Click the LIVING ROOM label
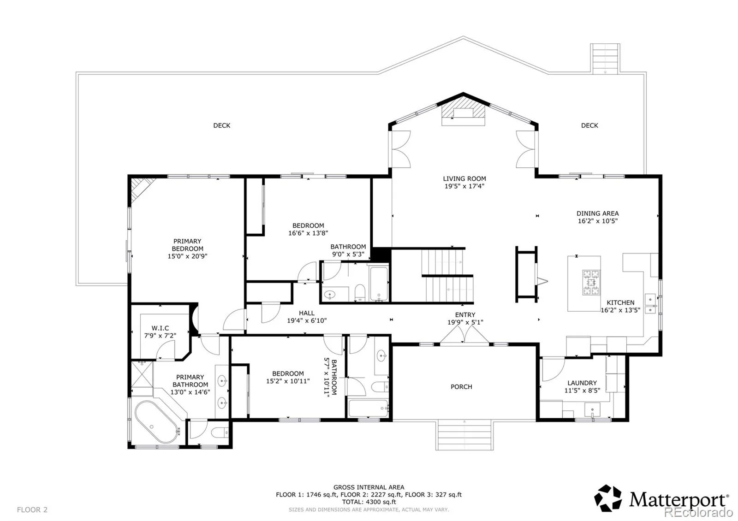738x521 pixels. tap(464, 178)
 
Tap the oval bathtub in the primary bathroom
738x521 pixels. tap(156, 422)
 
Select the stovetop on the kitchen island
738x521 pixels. tap(591, 282)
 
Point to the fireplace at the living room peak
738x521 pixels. tap(463, 113)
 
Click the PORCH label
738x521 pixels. tap(461, 387)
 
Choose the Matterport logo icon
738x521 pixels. tap(608, 498)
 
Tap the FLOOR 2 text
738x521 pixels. tap(32, 510)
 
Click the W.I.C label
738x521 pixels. tap(160, 328)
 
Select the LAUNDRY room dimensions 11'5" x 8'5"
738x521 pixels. tap(582, 391)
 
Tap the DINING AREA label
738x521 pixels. tap(598, 213)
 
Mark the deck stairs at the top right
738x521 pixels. tap(605, 58)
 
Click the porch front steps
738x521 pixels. tap(464, 435)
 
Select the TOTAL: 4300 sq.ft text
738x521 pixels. tap(369, 502)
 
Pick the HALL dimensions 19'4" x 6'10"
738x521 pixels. tap(307, 320)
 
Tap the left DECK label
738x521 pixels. tap(222, 125)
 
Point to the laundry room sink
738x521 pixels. tap(592, 410)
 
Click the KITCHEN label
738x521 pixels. tap(621, 302)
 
